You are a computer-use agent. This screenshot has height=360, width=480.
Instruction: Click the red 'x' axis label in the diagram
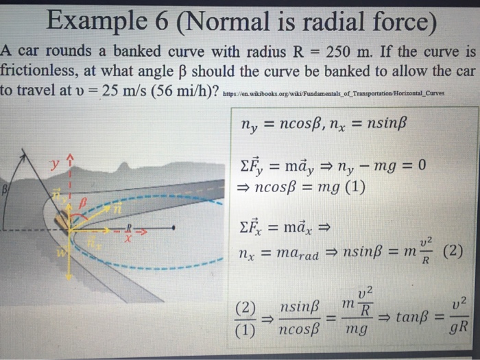tap(128, 237)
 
